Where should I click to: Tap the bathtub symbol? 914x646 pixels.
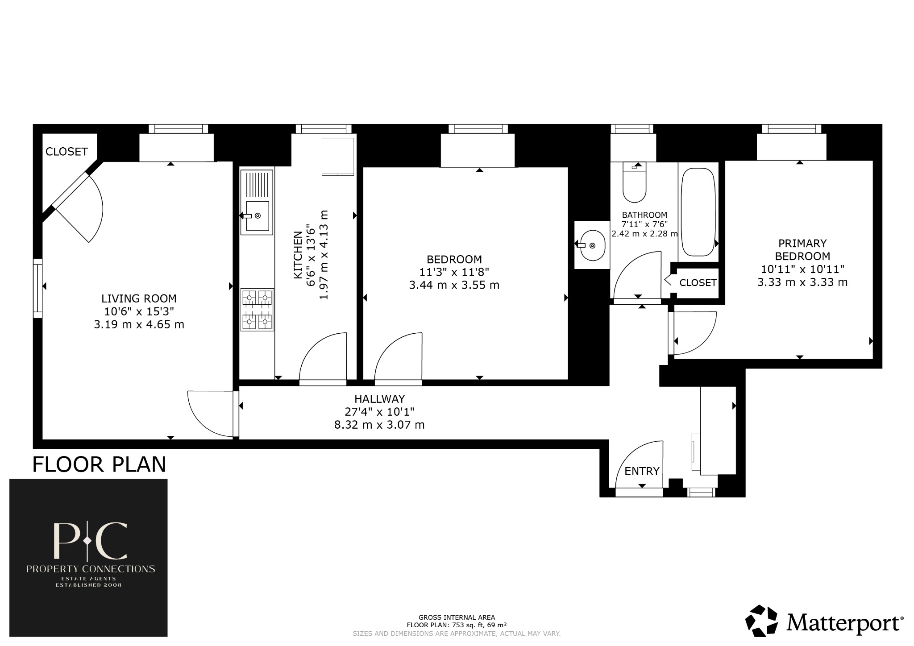click(698, 212)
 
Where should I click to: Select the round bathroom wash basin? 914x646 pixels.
click(593, 245)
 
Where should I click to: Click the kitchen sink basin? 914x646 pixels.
click(257, 216)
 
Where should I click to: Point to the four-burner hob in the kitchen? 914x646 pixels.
click(257, 309)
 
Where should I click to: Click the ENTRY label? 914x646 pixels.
click(642, 471)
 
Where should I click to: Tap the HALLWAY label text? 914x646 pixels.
click(379, 399)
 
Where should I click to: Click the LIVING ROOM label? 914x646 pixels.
click(139, 298)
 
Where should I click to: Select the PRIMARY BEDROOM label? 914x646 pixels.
click(802, 250)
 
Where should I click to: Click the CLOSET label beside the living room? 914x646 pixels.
click(66, 152)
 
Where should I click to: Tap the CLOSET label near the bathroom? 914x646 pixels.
click(698, 283)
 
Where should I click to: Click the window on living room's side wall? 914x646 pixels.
click(38, 288)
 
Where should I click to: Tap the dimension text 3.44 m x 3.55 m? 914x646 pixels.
click(454, 285)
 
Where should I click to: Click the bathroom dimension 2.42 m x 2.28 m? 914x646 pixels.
click(644, 233)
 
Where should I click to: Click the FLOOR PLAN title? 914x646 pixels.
click(99, 464)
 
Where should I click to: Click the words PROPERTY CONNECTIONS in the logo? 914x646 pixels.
click(91, 569)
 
